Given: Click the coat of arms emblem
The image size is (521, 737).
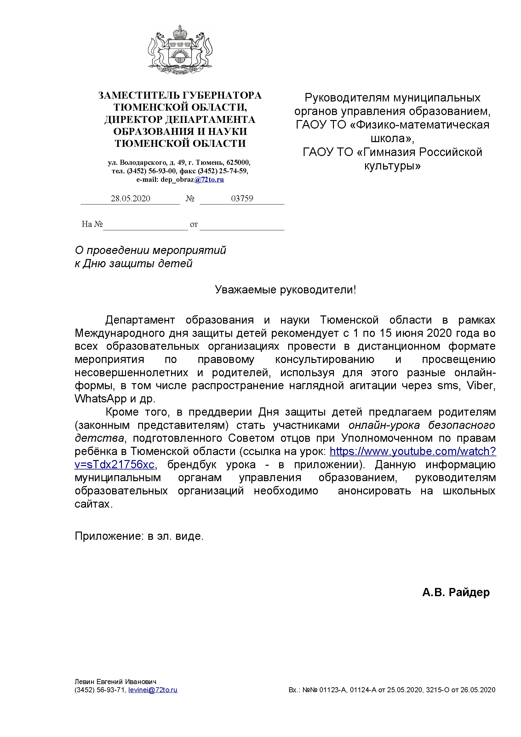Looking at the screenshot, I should click(180, 50).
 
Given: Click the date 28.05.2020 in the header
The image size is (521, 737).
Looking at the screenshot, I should click(130, 199).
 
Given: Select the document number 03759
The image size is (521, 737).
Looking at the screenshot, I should click(242, 199).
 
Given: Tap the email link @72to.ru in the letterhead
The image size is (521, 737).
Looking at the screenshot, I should click(209, 179).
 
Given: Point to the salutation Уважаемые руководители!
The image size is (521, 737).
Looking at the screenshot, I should click(285, 290).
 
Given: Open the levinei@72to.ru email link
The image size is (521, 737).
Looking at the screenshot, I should click(153, 689).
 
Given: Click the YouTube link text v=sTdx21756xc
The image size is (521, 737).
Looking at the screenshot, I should click(115, 464).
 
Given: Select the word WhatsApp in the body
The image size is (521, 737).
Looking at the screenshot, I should click(100, 398).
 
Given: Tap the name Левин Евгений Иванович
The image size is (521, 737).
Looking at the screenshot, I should click(116, 682).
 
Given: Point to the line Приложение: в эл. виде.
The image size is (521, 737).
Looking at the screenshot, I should click(139, 536).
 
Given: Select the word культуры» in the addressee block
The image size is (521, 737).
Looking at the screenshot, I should click(392, 166).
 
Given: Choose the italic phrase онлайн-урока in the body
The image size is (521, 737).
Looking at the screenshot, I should click(384, 425).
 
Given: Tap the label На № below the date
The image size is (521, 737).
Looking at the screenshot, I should click(92, 224).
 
